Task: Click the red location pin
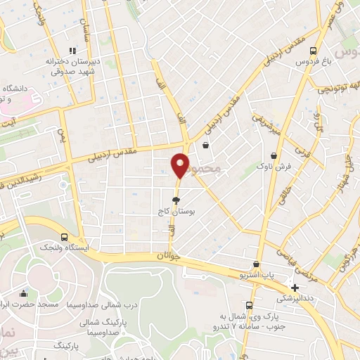(180, 165)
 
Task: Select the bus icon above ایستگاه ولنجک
(65, 238)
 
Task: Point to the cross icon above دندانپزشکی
(295, 287)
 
